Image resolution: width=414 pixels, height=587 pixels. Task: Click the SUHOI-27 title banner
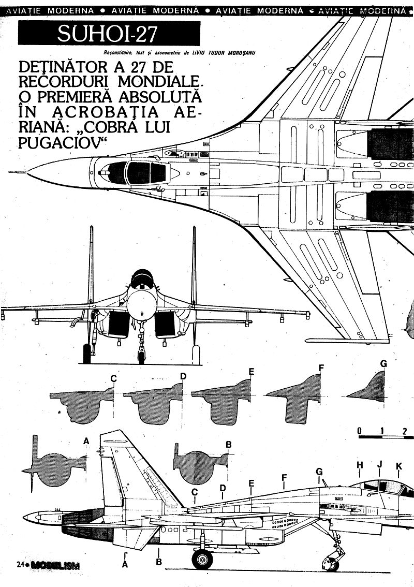tap(109, 35)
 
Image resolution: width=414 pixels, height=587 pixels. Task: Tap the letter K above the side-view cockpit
tap(398, 466)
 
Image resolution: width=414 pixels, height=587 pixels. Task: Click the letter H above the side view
tap(360, 465)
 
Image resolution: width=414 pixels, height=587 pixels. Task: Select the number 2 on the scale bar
tap(405, 430)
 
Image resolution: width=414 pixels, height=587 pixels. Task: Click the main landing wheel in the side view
tap(202, 559)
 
